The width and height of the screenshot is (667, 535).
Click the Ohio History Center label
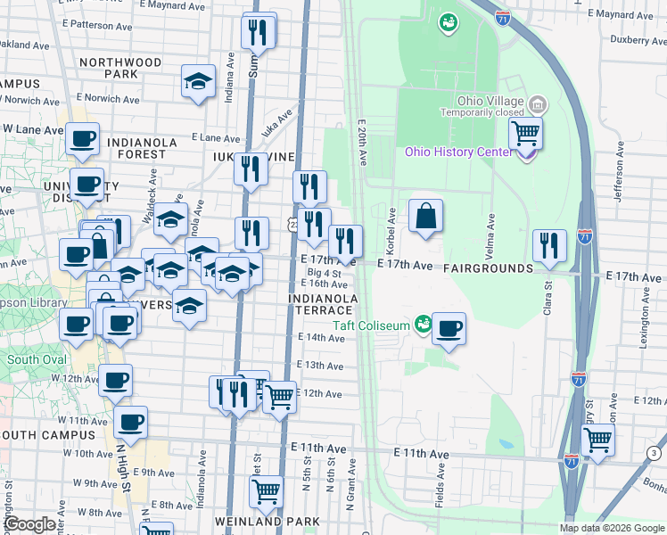tap(459, 151)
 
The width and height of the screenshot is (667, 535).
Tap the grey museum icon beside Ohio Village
tap(538, 105)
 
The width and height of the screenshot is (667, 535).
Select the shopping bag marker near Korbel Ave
tap(426, 216)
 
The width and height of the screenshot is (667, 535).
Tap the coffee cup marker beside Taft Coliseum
tap(449, 328)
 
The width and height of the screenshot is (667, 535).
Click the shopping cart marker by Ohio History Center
tap(526, 135)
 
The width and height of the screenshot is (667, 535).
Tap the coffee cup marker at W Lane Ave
tap(82, 140)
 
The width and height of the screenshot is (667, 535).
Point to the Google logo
tap(29, 524)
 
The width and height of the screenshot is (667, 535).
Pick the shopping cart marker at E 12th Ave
tap(280, 396)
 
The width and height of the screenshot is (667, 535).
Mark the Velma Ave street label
tap(490, 230)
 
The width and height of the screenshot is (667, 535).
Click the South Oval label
tap(36, 360)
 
